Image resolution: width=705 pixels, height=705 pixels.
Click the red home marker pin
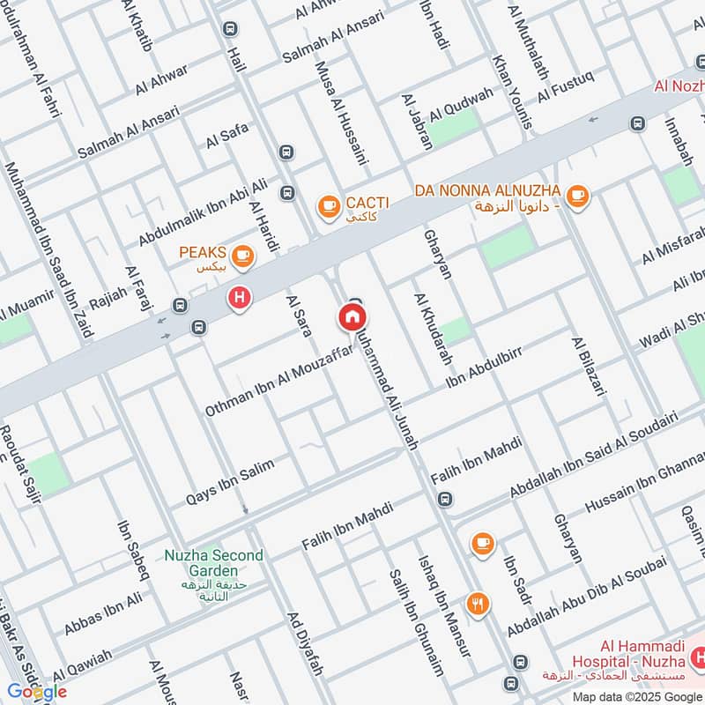pyautogui.click(x=352, y=316)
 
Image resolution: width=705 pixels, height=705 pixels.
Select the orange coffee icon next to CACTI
pyautogui.click(x=329, y=206)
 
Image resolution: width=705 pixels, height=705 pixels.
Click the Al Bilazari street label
pyautogui.click(x=590, y=367)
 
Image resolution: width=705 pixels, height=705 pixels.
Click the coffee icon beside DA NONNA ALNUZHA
pyautogui.click(x=577, y=196)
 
